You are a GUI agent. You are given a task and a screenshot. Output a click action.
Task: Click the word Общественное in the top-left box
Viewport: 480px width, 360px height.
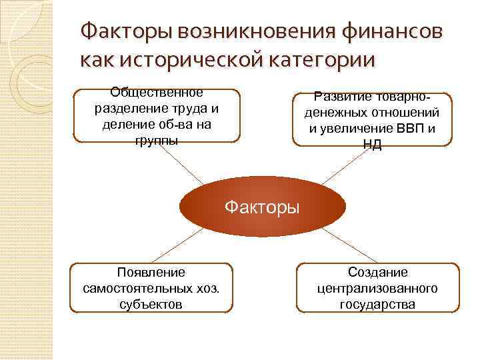(157, 92)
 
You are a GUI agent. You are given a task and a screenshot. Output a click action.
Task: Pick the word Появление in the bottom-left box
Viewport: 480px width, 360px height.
(151, 272)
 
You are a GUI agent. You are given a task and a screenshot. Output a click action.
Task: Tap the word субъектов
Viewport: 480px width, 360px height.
(151, 304)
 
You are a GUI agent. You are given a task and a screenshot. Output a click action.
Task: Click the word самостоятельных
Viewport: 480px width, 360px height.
(135, 288)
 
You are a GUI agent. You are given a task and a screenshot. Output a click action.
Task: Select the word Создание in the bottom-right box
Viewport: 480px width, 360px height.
(377, 272)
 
